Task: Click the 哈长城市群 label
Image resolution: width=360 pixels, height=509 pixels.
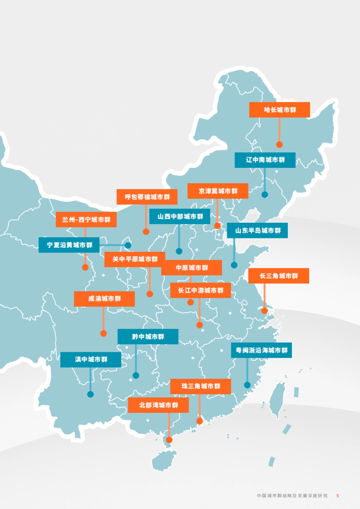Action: [279, 110]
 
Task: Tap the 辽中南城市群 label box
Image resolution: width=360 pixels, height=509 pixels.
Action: [265, 160]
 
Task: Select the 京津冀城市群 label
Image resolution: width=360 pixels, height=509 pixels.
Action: [218, 191]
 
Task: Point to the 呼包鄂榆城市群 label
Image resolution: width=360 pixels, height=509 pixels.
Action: [147, 197]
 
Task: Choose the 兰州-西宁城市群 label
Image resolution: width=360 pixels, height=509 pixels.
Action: [86, 220]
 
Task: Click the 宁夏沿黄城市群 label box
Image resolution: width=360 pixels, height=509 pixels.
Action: [69, 245]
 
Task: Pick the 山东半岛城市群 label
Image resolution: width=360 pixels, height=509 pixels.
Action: [257, 231]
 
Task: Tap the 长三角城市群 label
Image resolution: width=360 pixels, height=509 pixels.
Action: [278, 276]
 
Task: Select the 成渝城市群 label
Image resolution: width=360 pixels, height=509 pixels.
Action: [104, 299]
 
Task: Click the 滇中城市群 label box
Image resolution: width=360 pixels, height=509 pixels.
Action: [91, 359]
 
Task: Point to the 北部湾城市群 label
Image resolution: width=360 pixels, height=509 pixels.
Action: [158, 405]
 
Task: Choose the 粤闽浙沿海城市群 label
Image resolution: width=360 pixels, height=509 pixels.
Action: [261, 350]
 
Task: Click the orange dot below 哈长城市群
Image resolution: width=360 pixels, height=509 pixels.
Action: [279, 145]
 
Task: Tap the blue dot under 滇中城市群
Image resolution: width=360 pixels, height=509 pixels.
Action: [90, 394]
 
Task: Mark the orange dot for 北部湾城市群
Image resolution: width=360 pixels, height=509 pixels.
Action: [169, 440]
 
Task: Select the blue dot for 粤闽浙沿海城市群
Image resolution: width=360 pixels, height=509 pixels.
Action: [247, 385]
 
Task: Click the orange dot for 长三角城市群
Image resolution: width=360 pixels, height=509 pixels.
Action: [264, 311]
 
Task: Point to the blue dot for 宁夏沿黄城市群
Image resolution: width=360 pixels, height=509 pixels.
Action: [128, 245]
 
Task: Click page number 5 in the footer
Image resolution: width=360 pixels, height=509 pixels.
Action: [337, 496]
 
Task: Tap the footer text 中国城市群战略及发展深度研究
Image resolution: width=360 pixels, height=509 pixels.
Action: [292, 496]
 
